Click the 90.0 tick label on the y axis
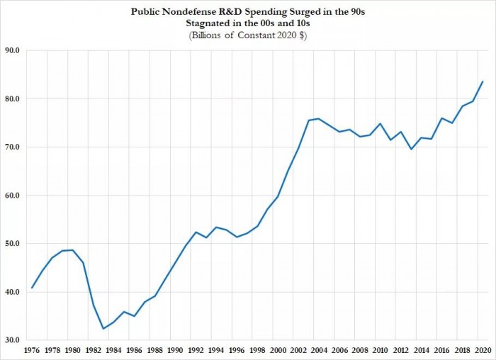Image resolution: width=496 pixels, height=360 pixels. point(13,51)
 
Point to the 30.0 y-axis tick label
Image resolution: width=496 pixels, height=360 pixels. point(13,340)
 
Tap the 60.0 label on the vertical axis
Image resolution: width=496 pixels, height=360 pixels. point(13,196)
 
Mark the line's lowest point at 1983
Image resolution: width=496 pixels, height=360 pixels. point(103,329)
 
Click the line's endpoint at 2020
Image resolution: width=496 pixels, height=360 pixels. point(483,81)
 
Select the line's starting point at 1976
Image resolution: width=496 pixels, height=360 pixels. point(32,288)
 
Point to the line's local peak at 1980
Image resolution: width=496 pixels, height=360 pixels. point(73,250)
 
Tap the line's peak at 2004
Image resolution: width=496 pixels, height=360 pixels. point(319,119)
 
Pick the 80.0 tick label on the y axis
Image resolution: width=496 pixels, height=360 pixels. point(13,99)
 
